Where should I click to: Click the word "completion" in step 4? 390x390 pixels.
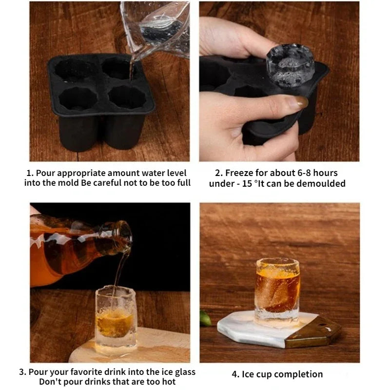coord(300,374)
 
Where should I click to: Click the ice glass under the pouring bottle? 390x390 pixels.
coord(116,319)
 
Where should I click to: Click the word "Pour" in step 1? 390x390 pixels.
coord(45,173)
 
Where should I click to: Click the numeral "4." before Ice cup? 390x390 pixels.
coord(235,374)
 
